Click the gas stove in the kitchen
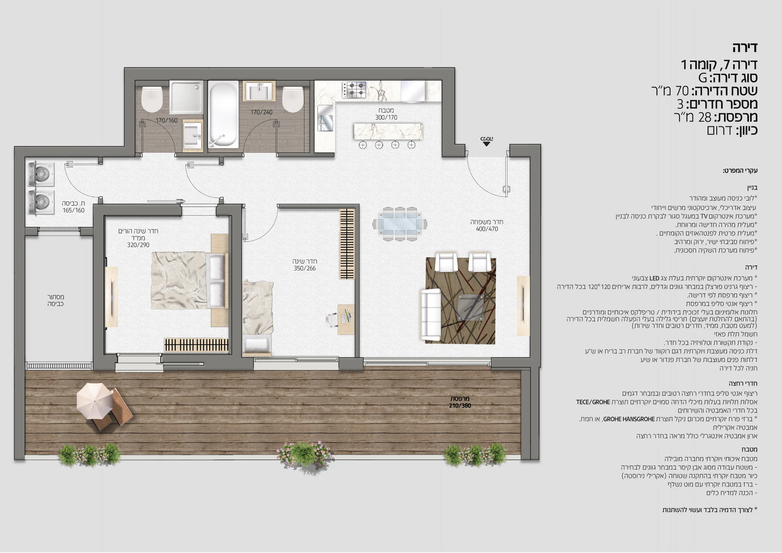(354, 90)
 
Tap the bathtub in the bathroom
(223, 114)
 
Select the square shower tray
(186, 97)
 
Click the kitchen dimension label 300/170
(386, 118)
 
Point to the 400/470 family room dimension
(487, 229)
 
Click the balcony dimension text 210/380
(460, 405)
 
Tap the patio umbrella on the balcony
(94, 401)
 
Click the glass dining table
(400, 224)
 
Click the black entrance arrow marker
(486, 144)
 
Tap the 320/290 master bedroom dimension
(138, 245)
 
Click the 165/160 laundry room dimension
(73, 210)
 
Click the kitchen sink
(325, 118)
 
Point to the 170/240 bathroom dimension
(261, 112)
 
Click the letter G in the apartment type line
(703, 78)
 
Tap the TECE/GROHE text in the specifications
(593, 402)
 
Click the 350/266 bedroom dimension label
(305, 269)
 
